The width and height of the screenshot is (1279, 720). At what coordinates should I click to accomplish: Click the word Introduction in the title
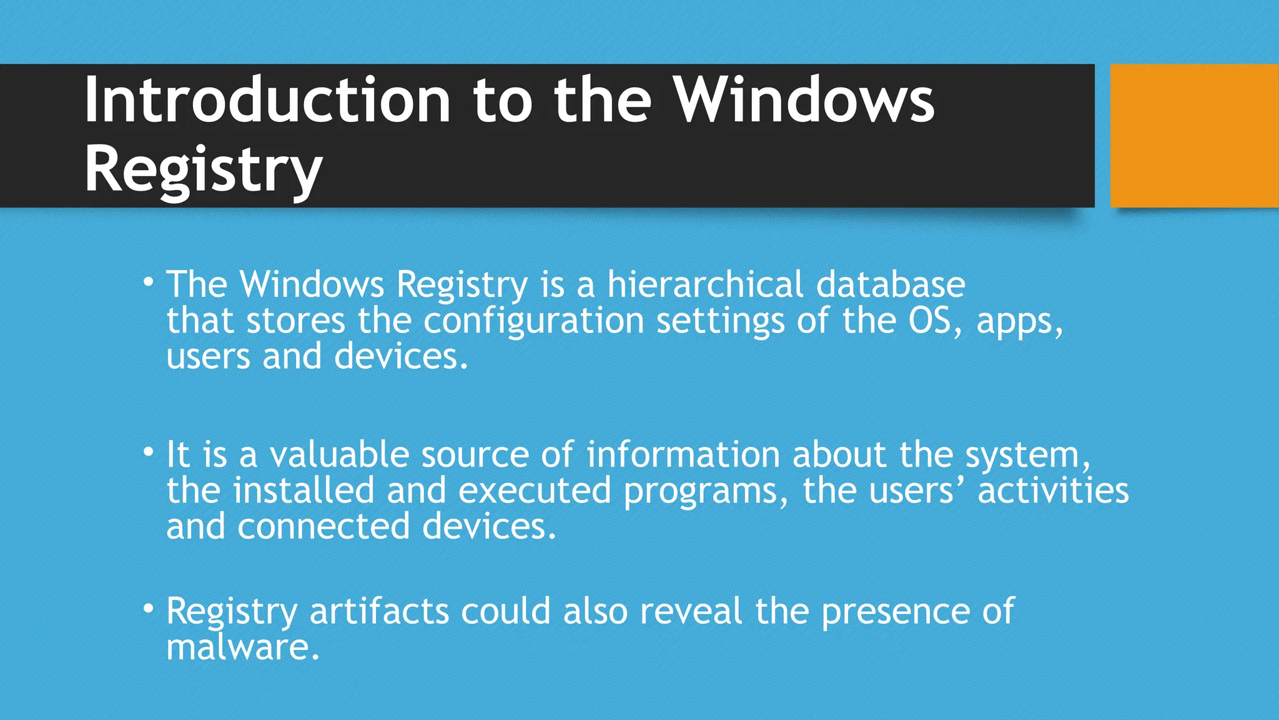coord(267,100)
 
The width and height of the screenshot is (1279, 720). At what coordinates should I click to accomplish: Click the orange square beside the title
coord(1194,136)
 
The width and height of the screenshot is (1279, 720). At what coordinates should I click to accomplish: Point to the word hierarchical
coord(705,284)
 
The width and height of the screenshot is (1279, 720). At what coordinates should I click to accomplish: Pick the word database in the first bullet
coord(891,284)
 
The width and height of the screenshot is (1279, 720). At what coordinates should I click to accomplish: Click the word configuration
coord(534,321)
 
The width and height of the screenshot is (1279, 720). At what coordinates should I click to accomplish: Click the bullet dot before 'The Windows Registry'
coord(148,282)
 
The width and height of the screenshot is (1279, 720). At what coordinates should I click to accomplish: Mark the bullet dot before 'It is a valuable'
coord(148,451)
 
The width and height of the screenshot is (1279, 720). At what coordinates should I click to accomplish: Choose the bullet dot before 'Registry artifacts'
coord(148,607)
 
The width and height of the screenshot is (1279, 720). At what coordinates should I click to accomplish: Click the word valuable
coord(339,454)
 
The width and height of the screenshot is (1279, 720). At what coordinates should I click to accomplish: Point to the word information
coord(683,454)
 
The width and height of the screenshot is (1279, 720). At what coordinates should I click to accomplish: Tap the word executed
coord(535,491)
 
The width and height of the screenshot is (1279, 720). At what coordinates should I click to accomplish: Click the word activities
coord(1053,491)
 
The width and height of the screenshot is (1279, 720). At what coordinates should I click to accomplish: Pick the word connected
coord(323,527)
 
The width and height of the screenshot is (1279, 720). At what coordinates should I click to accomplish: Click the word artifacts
coord(379,611)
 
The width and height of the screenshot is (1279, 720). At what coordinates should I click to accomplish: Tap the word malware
coord(243,647)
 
